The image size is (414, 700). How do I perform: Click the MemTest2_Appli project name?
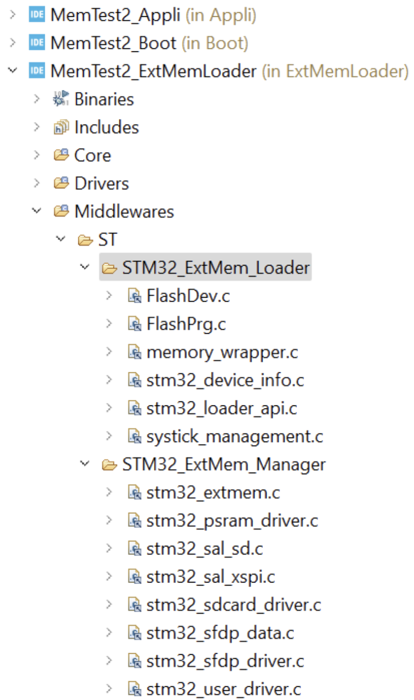click(x=115, y=15)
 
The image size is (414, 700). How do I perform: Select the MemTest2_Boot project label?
click(x=113, y=43)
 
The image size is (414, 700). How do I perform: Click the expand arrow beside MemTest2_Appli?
click(x=13, y=15)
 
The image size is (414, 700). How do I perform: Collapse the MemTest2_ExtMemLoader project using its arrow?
click(x=13, y=71)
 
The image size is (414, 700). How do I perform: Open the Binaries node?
click(x=104, y=99)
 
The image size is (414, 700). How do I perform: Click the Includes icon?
click(x=61, y=127)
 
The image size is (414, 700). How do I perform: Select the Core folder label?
click(x=92, y=155)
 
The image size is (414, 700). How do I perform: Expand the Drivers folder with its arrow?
click(x=37, y=183)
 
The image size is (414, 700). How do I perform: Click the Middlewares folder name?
click(x=124, y=211)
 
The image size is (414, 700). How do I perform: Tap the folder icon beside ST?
click(x=85, y=240)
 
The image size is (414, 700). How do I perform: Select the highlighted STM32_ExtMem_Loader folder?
click(x=216, y=268)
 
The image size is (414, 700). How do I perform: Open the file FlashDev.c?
click(x=188, y=296)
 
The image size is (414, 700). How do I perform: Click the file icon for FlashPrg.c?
click(x=134, y=324)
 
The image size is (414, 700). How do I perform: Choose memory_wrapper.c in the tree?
click(x=222, y=352)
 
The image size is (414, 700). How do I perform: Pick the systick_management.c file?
click(x=234, y=436)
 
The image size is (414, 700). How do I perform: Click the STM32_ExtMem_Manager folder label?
click(x=224, y=464)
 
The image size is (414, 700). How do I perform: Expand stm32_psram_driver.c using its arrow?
click(x=109, y=520)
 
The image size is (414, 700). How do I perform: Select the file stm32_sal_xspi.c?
click(x=211, y=577)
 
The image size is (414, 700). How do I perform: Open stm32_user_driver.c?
click(x=223, y=689)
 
